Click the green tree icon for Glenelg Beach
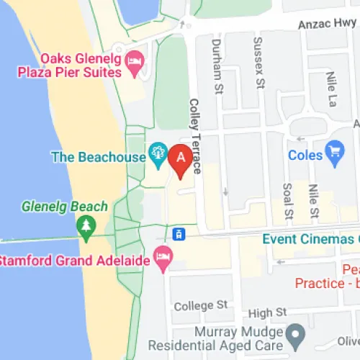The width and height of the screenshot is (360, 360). (86, 228)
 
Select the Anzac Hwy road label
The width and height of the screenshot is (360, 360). (328, 24)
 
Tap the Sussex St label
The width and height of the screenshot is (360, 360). (258, 60)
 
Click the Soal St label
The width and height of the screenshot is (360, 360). (287, 202)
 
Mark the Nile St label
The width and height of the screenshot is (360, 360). (313, 202)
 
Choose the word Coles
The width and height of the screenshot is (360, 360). (305, 155)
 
